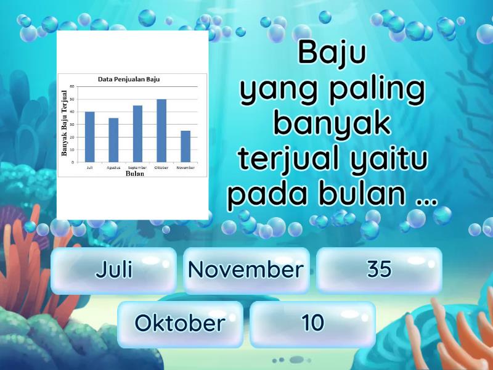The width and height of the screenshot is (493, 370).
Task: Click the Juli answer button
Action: pyautogui.click(x=114, y=270)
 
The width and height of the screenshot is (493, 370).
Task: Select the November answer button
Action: pyautogui.click(x=246, y=270)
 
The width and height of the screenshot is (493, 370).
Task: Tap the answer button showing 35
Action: pyautogui.click(x=379, y=270)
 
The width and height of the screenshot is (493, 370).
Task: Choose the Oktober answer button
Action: pyautogui.click(x=180, y=323)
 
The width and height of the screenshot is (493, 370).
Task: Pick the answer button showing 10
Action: pyautogui.click(x=313, y=323)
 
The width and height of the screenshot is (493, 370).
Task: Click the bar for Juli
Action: pyautogui.click(x=90, y=137)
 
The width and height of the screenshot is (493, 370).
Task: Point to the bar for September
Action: pyautogui.click(x=137, y=134)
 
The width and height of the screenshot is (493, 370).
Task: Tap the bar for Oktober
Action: pyautogui.click(x=161, y=131)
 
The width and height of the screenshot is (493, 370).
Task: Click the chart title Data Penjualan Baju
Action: pyautogui.click(x=133, y=80)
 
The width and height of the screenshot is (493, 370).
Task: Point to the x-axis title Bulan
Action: pyautogui.click(x=134, y=173)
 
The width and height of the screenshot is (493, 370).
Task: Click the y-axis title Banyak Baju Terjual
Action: pyautogui.click(x=65, y=123)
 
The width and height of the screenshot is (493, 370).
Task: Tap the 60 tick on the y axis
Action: pyautogui.click(x=72, y=86)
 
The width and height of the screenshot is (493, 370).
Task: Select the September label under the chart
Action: pyautogui.click(x=137, y=167)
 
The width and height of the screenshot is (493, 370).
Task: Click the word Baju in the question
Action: pyautogui.click(x=332, y=54)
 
